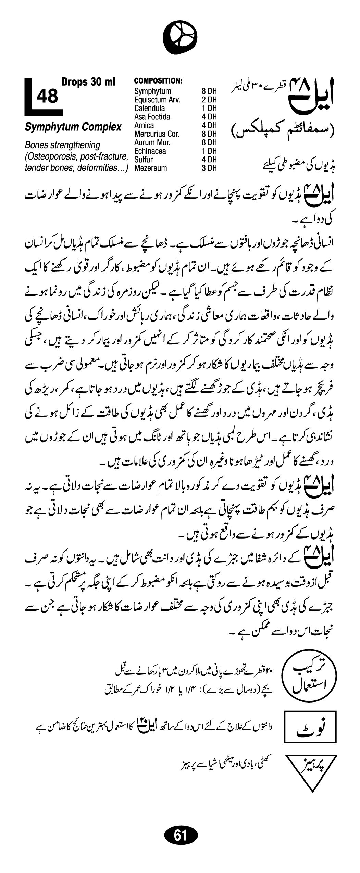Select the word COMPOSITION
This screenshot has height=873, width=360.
click(x=158, y=81)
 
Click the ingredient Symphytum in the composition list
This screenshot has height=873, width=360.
click(x=152, y=91)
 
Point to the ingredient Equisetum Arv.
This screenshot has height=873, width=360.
click(x=157, y=100)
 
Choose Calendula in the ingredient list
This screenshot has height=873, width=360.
click(x=149, y=109)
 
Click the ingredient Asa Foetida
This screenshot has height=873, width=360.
click(x=152, y=117)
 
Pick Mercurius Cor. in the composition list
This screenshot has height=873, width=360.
click(x=157, y=134)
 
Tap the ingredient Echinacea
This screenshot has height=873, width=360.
click(x=150, y=151)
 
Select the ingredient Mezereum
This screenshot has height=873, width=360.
click(x=150, y=168)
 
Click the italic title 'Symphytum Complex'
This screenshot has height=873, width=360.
click(x=73, y=127)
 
